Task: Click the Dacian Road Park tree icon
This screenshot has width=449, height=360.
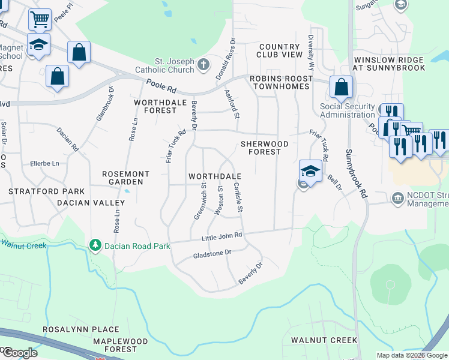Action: (x=94, y=245)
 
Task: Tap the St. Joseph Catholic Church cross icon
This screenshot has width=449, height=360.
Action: (x=203, y=64)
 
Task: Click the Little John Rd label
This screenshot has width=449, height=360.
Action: (x=221, y=238)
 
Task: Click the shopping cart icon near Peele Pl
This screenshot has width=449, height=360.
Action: (x=40, y=19)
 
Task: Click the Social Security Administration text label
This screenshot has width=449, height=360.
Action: (x=347, y=111)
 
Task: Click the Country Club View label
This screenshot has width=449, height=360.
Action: (x=280, y=50)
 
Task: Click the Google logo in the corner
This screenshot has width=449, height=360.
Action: (x=20, y=353)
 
